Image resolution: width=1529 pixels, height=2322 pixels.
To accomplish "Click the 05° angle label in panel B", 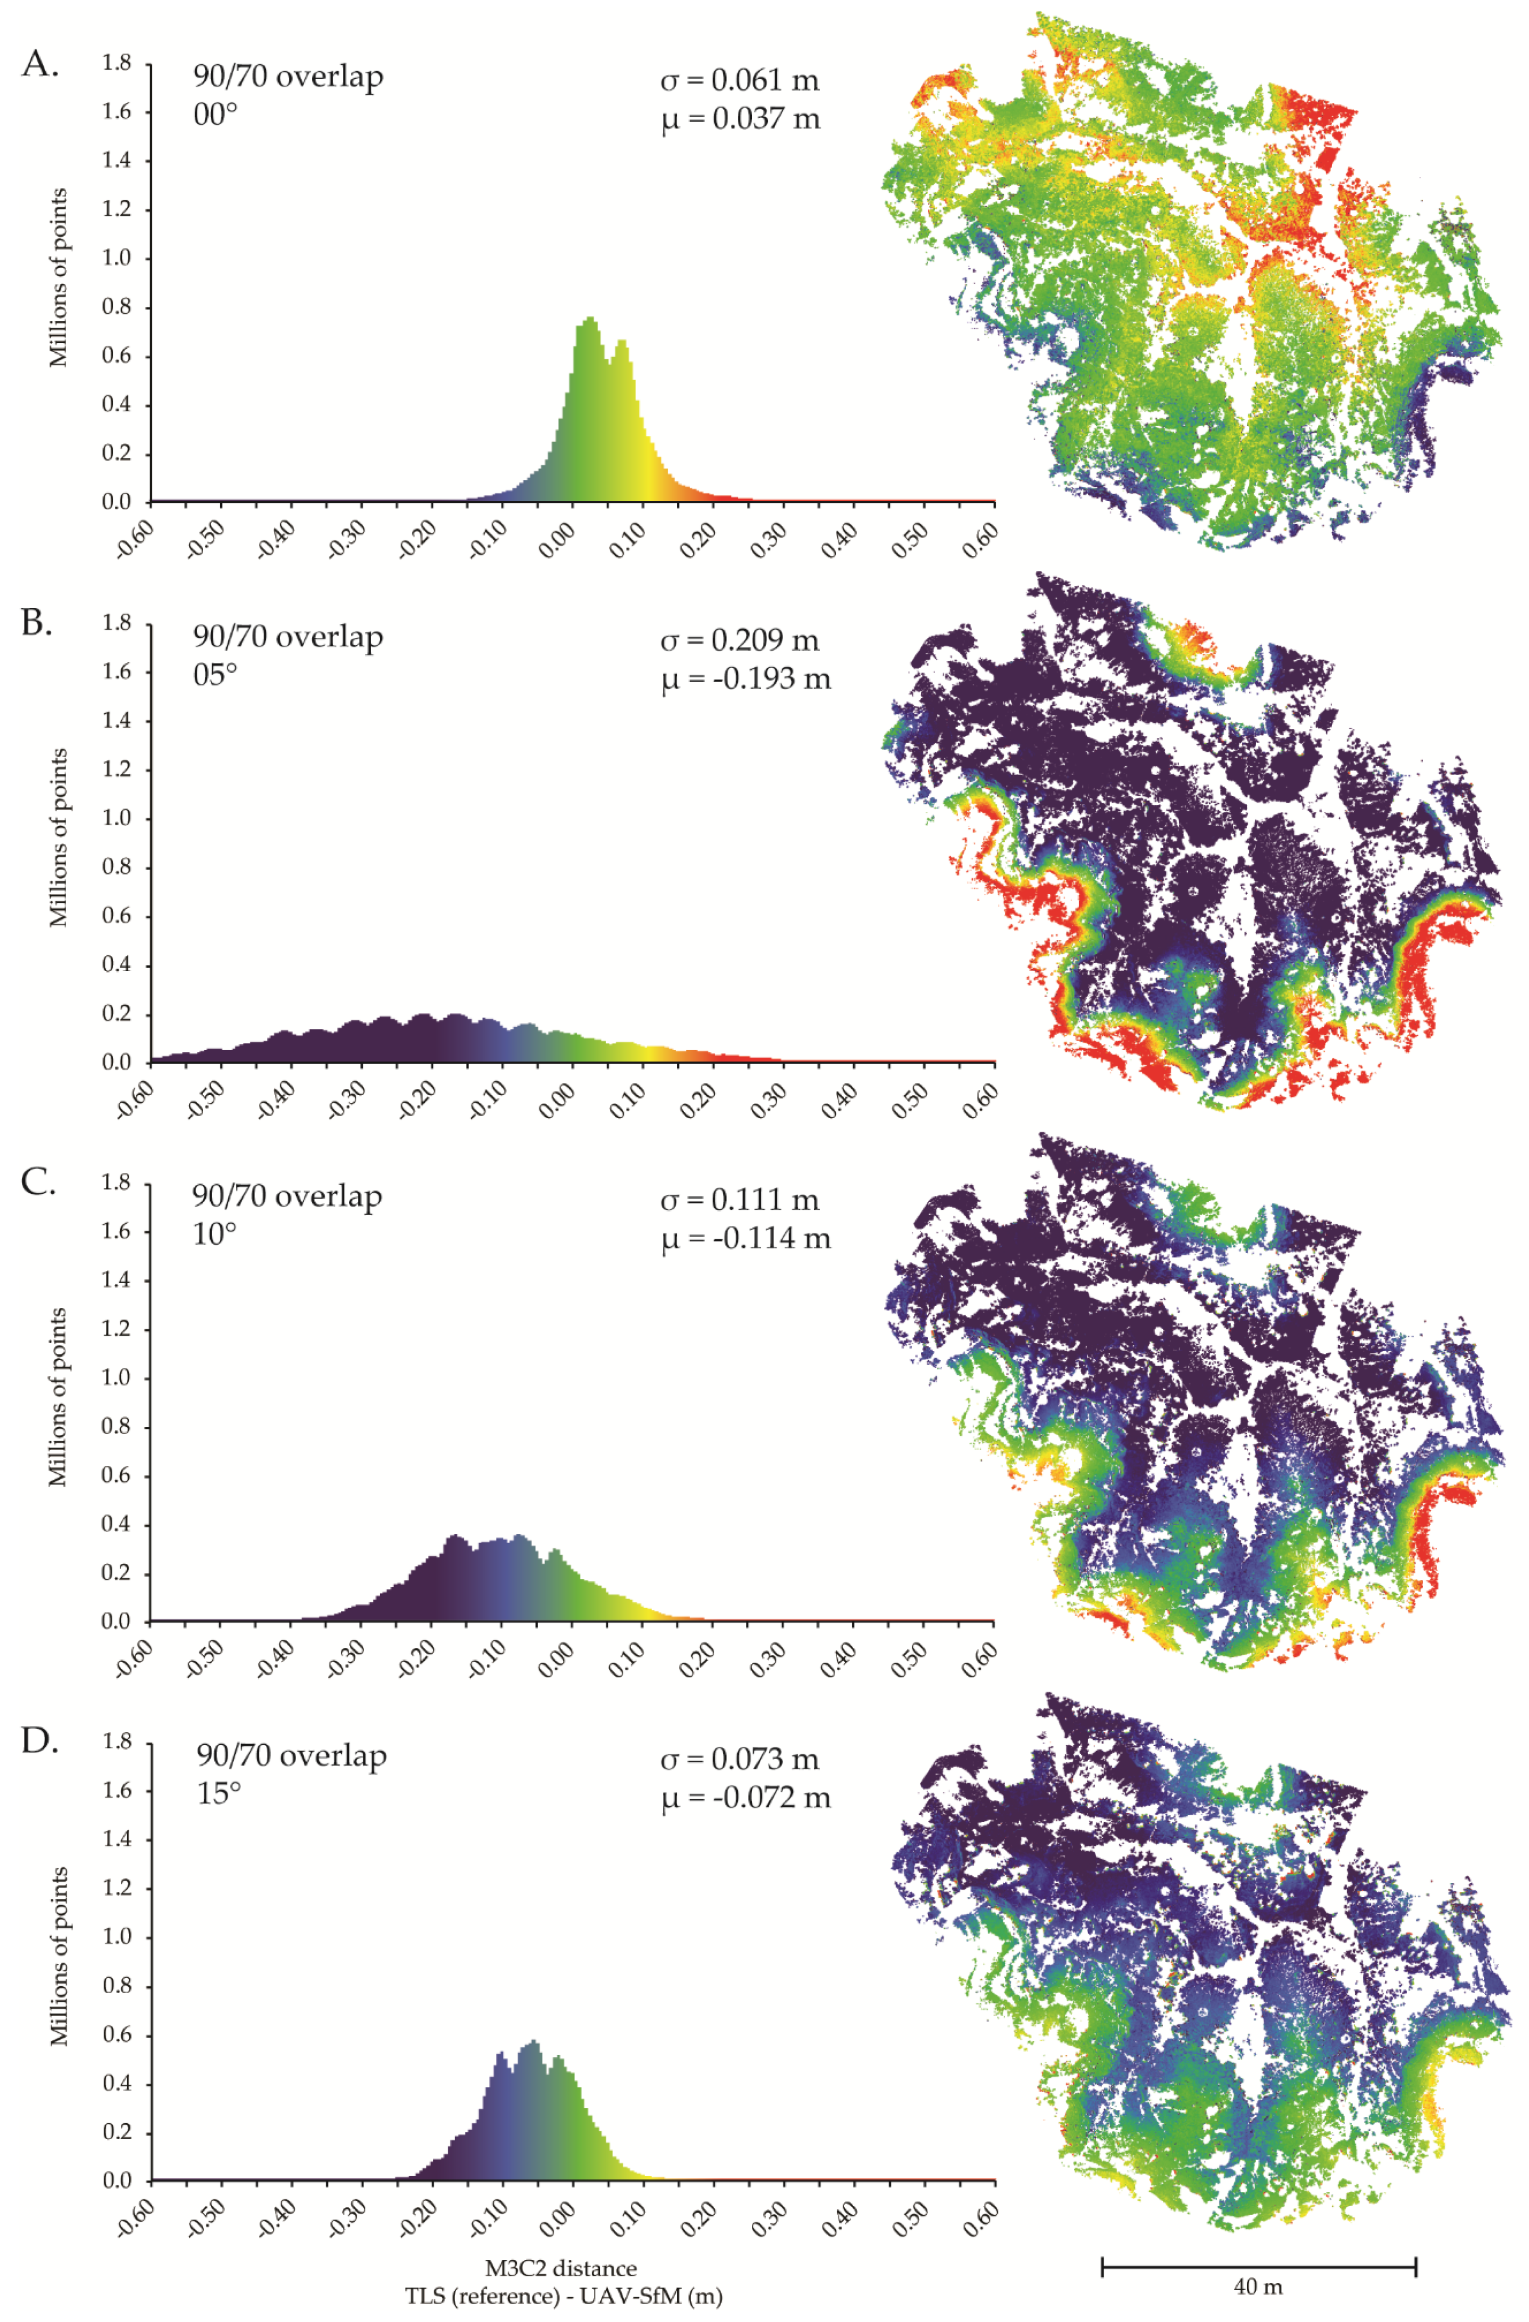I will [x=215, y=675].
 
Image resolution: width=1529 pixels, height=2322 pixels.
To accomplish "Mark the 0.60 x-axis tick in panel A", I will [x=979, y=540].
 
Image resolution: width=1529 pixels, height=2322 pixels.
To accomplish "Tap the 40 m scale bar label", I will [x=1258, y=2286].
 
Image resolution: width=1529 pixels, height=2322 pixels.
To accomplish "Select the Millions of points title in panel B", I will [x=60, y=837].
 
